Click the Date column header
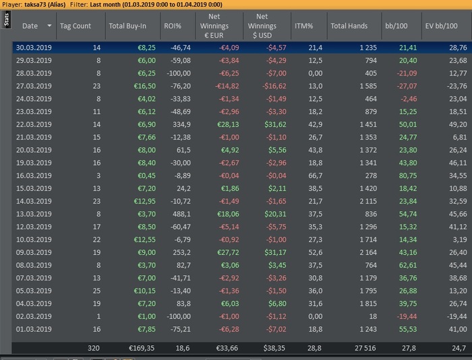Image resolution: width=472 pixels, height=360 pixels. [30, 26]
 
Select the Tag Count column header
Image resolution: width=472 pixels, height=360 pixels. [75, 26]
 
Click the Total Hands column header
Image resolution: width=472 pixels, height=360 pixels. [349, 26]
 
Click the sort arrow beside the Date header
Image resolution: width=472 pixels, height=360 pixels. [49, 26]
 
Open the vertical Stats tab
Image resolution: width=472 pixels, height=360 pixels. [6, 21]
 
